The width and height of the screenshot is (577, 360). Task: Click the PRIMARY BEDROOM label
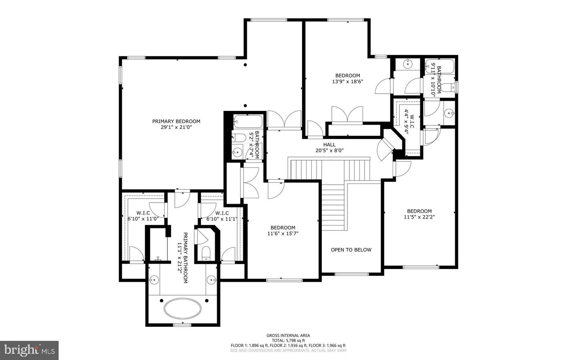(176, 121)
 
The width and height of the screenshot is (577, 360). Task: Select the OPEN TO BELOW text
(351, 250)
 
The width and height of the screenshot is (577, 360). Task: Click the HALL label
(329, 145)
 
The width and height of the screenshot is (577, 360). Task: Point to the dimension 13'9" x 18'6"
(347, 81)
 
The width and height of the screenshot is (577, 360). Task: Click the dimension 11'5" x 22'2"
(419, 217)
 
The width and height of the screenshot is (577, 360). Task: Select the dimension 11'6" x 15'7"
(283, 233)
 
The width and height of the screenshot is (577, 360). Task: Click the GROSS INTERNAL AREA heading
(288, 336)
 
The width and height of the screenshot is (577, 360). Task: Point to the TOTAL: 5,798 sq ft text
(288, 340)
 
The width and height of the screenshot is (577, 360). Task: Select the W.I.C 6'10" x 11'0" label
(143, 216)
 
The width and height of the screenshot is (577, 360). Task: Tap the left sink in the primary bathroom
(154, 279)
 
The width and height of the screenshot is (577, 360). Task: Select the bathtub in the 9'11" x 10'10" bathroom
(440, 66)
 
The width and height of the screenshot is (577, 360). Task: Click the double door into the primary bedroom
(284, 120)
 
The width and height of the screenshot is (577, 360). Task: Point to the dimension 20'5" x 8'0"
(329, 151)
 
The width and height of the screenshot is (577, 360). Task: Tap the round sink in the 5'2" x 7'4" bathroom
(238, 152)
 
